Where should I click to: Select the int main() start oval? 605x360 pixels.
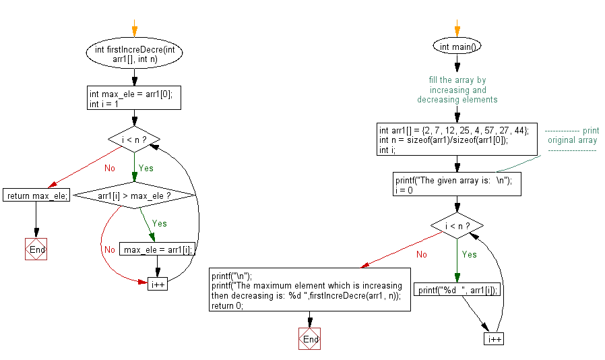457,47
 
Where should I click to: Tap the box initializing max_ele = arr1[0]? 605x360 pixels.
135,99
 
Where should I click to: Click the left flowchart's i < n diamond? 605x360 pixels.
134,140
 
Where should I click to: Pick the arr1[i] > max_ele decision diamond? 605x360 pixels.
134,196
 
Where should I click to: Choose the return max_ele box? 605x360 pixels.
36,196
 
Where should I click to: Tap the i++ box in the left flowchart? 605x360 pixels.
158,284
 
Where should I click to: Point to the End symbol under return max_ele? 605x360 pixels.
36,249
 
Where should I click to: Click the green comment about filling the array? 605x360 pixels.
457,90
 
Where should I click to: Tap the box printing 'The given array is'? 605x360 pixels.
457,185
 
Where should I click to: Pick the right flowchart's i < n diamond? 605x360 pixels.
457,226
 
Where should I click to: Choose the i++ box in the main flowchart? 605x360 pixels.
494,338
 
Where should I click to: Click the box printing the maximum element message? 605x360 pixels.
310,291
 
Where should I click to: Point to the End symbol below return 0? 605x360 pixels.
310,339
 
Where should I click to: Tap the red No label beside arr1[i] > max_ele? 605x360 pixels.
110,249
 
